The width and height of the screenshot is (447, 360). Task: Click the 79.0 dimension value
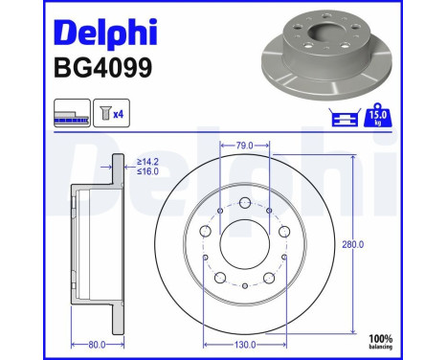[x=245, y=146]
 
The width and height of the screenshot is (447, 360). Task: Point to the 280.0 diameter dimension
[x=354, y=244]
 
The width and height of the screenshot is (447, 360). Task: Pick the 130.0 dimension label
[x=245, y=344]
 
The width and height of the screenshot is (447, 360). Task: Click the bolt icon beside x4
[x=102, y=115]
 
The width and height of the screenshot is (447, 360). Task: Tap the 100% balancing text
[x=382, y=342]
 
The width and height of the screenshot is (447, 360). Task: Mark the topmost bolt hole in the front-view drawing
[x=245, y=203]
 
